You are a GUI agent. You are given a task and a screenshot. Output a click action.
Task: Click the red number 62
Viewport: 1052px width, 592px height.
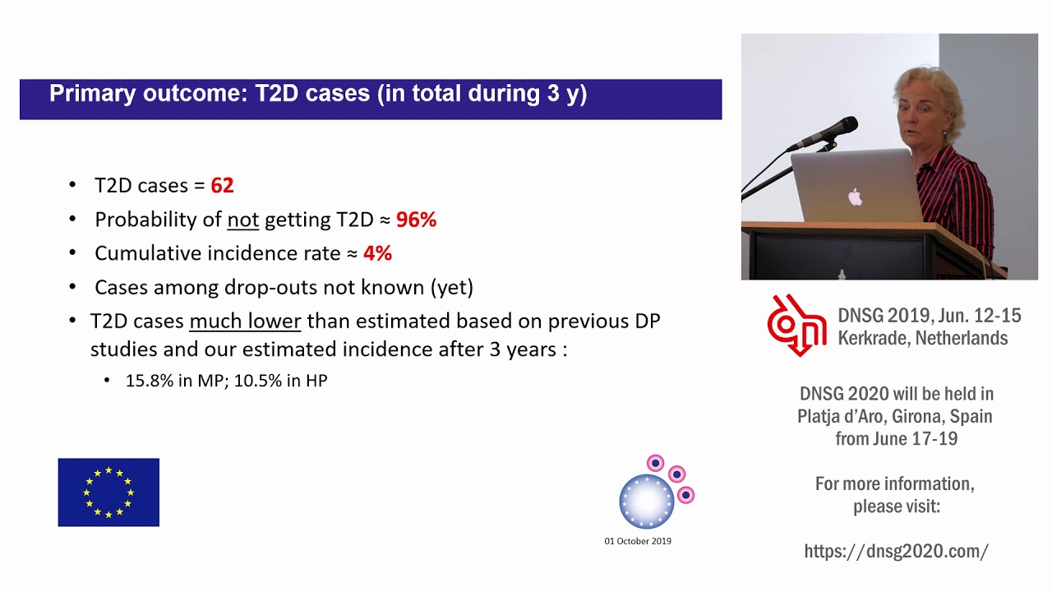222,186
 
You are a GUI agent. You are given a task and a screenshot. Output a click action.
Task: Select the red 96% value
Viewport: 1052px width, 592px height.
416,220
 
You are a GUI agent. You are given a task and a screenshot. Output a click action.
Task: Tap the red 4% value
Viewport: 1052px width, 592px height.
377,253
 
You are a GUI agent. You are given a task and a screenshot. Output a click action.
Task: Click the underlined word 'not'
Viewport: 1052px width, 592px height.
242,220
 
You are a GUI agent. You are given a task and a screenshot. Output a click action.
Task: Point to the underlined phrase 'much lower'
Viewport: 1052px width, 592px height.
245,321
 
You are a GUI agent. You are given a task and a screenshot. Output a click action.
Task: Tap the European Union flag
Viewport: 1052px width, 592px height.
108,493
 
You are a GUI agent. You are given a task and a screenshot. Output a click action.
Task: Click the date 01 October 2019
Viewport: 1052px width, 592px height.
638,541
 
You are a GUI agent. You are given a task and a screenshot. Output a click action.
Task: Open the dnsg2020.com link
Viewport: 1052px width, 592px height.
896,551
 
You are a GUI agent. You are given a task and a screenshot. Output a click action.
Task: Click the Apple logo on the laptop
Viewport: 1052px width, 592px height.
855,197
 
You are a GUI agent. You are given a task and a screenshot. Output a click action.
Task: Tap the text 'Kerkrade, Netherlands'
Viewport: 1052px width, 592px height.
922,338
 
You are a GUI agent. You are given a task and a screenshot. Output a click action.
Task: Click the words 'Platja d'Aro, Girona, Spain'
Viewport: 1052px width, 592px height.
895,416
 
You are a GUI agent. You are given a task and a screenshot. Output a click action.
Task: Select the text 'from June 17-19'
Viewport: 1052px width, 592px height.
896,438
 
